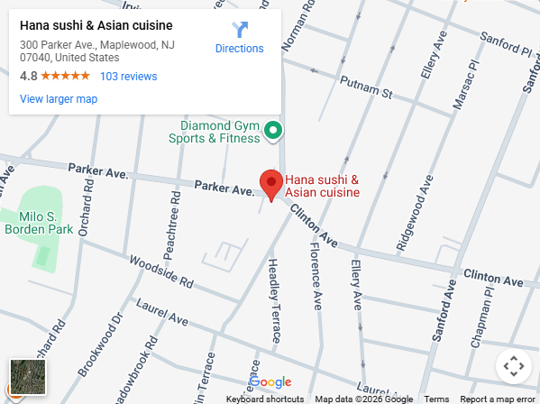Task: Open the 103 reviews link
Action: pos(128,77)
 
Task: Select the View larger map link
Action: pos(59,99)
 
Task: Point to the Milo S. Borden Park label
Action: pos(38,223)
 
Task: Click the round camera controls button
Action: pos(513,367)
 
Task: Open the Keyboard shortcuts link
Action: pos(264,399)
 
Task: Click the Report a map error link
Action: pos(497,399)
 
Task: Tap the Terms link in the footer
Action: pos(436,399)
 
